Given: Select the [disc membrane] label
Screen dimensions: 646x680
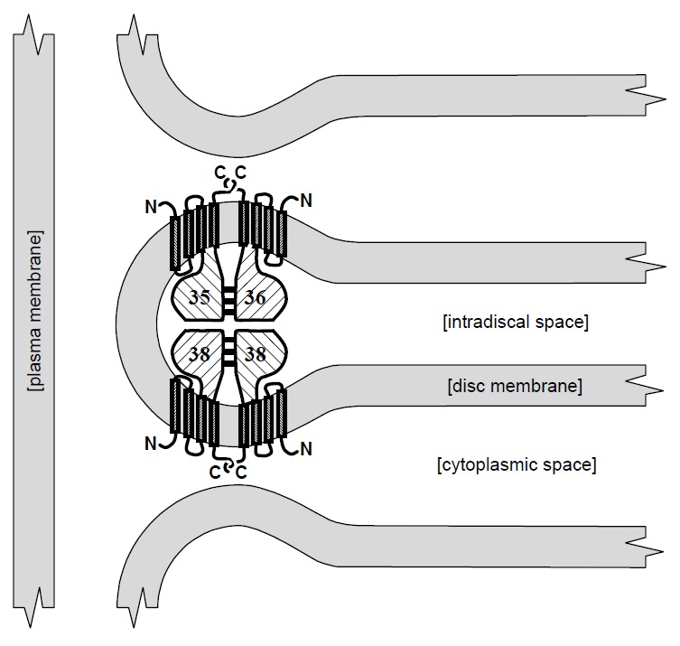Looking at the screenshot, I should [514, 387].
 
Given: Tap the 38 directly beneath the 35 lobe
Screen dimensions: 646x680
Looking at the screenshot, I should [199, 355].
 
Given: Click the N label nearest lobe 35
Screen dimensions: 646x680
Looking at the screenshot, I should [150, 207].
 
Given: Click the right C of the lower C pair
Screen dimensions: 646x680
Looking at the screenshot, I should [241, 472].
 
